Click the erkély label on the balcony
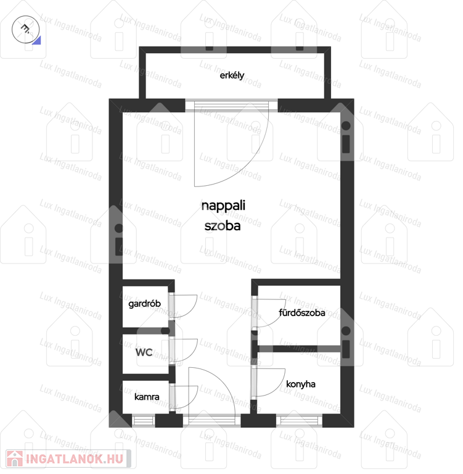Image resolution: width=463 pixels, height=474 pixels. point(232,75)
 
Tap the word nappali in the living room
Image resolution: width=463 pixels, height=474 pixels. point(223,206)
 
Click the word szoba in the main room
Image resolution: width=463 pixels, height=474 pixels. point(223,226)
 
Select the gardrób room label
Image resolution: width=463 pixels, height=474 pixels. point(144,304)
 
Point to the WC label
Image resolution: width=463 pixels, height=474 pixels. point(144,352)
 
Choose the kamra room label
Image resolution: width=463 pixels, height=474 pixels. point(147,397)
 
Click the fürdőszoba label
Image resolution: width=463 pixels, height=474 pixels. point(301,312)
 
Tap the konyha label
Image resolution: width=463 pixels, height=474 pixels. point(301,385)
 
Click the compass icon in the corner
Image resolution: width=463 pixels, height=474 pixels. point(26,30)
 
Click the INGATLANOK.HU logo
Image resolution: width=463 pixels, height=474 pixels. point(68,459)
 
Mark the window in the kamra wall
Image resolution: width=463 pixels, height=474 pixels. point(144,421)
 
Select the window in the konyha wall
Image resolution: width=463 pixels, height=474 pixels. point(299,421)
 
